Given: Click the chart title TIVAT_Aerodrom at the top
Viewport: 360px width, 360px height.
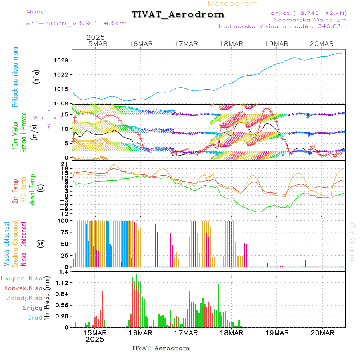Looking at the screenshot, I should click(178, 15).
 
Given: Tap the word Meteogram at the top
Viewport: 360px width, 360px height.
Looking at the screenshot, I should click(233, 4).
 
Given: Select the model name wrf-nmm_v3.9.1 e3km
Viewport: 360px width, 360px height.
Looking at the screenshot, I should click(76, 23).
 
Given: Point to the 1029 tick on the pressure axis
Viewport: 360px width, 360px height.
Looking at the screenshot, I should click(63, 60).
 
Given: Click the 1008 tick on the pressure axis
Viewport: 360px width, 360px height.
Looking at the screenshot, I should click(63, 103).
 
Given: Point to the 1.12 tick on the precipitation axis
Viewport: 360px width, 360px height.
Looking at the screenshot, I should click(62, 283).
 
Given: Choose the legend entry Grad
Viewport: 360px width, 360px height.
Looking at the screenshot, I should click(34, 318).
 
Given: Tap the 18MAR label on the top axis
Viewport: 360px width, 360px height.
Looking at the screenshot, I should click(232, 44).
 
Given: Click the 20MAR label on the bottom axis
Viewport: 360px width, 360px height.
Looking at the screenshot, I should click(322, 333).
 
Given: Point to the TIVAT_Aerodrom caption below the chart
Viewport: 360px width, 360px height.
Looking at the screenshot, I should click(160, 348).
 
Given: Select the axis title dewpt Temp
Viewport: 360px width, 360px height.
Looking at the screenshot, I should click(32, 188).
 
